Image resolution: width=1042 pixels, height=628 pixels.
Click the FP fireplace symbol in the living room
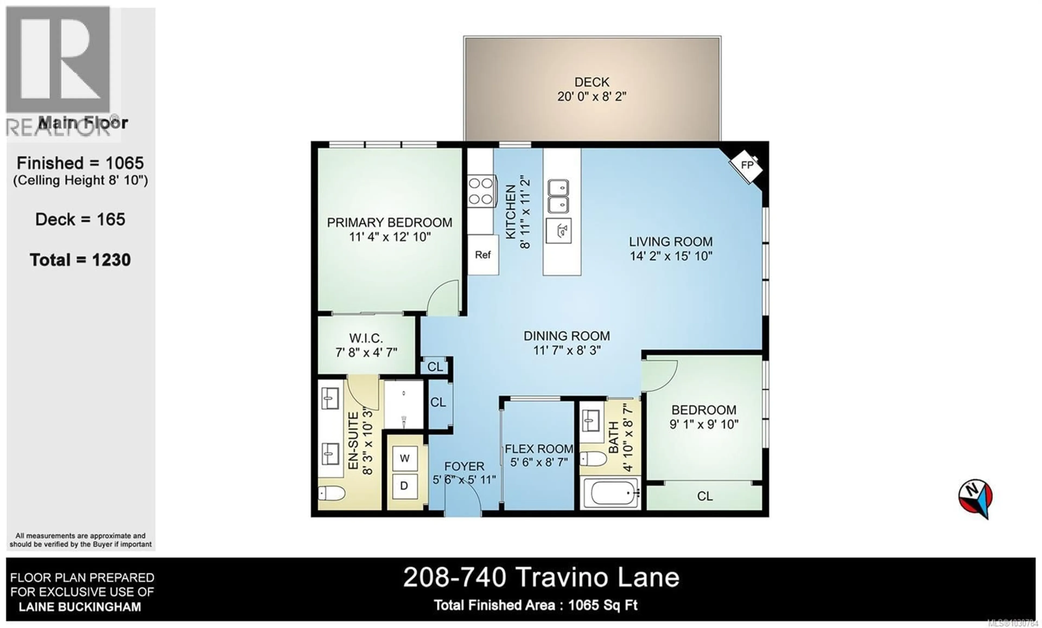(x=746, y=165)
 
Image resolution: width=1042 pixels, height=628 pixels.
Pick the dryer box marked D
(x=404, y=486)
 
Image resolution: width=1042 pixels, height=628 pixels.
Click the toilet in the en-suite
(x=332, y=493)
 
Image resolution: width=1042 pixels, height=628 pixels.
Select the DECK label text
(x=592, y=82)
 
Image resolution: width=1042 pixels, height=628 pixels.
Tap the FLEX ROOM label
(x=539, y=449)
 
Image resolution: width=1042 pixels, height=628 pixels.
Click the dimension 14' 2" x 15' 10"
(x=671, y=256)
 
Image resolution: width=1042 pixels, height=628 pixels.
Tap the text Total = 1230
(x=80, y=260)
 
